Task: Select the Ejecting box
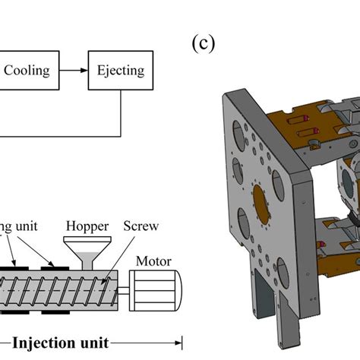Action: (x=120, y=71)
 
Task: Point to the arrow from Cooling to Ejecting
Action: (x=73, y=71)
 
